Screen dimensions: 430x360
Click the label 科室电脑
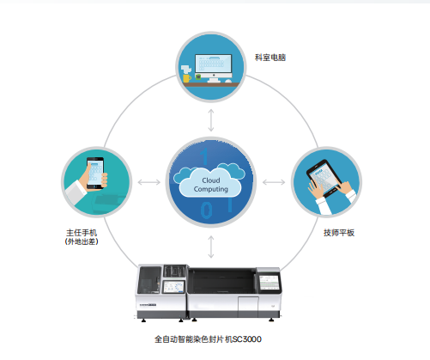pyautogui.click(x=270, y=58)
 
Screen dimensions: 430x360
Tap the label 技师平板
pyautogui.click(x=339, y=233)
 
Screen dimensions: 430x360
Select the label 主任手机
pyautogui.click(x=82, y=233)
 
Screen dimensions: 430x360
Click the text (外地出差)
pyautogui.click(x=82, y=241)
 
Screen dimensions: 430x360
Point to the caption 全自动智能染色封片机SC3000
pyautogui.click(x=208, y=339)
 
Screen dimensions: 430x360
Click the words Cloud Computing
pyautogui.click(x=211, y=185)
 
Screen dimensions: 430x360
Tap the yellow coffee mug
pyautogui.click(x=187, y=78)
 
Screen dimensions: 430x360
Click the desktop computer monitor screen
pyautogui.click(x=213, y=64)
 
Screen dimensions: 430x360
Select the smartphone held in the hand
pyautogui.click(x=95, y=173)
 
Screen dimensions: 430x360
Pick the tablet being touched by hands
pyautogui.click(x=324, y=178)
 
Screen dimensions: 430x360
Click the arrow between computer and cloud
pyautogui.click(x=211, y=120)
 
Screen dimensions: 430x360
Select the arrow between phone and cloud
pyautogui.click(x=149, y=182)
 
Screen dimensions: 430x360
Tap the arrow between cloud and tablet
pyautogui.click(x=274, y=182)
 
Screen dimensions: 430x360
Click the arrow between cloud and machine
pyautogui.click(x=211, y=247)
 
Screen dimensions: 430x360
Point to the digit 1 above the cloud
pyautogui.click(x=204, y=156)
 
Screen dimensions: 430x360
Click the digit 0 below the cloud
pyautogui.click(x=206, y=210)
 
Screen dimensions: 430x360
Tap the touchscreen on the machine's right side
pyautogui.click(x=269, y=283)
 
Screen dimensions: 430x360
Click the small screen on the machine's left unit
pyautogui.click(x=173, y=287)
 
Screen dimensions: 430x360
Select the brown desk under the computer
pyautogui.click(x=211, y=84)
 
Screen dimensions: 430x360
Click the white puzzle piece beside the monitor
pyautogui.click(x=185, y=70)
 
